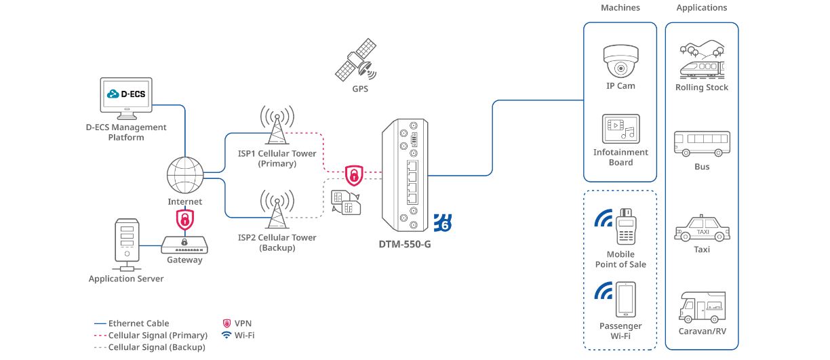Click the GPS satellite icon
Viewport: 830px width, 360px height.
[x=356, y=60]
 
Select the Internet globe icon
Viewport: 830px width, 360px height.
[x=184, y=175]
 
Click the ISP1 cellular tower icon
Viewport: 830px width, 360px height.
[x=277, y=125]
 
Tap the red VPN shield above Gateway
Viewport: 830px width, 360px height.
[x=184, y=218]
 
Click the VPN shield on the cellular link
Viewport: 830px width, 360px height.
[x=353, y=175]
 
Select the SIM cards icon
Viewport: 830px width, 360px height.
[x=345, y=201]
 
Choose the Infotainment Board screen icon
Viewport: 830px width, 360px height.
[x=620, y=128]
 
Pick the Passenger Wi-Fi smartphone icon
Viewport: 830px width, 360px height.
[x=625, y=299]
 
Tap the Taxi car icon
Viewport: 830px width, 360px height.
[x=702, y=229]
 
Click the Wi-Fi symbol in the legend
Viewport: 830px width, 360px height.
[x=226, y=335]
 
